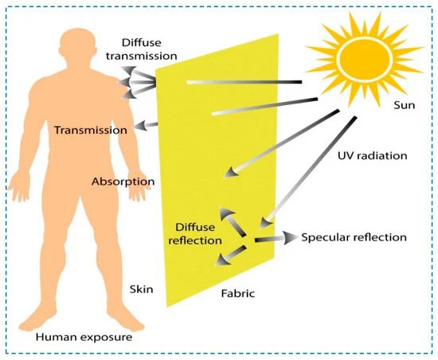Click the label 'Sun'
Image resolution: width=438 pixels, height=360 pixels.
405,105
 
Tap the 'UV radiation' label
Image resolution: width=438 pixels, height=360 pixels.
373,155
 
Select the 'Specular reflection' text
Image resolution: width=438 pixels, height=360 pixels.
354,237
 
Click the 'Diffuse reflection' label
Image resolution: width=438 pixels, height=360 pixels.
195,234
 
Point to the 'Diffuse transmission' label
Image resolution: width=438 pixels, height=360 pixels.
141,49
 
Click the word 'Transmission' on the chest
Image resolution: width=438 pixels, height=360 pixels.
91,130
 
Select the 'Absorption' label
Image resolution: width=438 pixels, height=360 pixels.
123,182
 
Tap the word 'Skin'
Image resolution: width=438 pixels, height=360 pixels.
141,289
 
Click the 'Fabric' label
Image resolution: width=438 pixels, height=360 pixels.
238,294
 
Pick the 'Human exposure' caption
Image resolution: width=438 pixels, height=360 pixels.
84,337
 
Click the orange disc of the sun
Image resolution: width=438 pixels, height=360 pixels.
365,58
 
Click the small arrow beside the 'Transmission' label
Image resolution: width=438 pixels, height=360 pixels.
146,126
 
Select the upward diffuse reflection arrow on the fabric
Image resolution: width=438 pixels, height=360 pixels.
232,221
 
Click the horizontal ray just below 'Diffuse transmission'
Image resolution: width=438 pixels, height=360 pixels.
244,82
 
